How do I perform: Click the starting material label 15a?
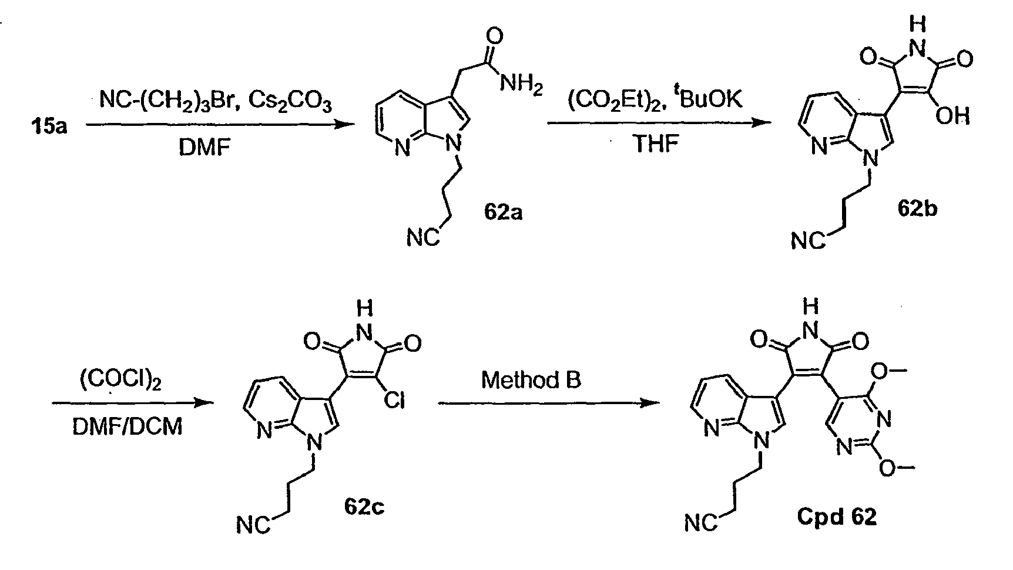click(49, 126)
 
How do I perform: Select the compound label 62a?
click(504, 211)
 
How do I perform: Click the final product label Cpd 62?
click(837, 516)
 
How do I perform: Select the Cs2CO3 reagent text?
click(291, 103)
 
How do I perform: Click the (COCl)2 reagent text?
click(120, 382)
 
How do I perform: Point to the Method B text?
click(531, 379)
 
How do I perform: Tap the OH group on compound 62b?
click(952, 116)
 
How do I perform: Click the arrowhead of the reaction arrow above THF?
click(762, 122)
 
